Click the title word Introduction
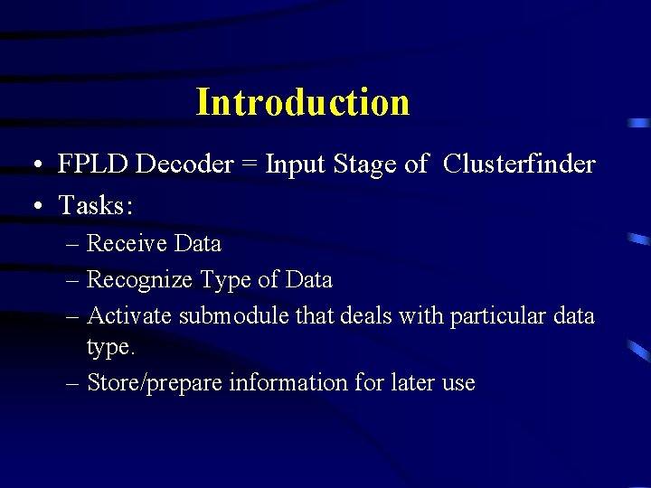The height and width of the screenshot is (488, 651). [302, 102]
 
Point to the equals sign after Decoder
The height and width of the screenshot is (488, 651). [248, 165]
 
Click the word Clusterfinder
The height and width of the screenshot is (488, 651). [520, 164]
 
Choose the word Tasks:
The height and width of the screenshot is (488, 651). [96, 206]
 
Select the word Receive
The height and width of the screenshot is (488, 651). [127, 244]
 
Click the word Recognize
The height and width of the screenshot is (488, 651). [139, 280]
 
